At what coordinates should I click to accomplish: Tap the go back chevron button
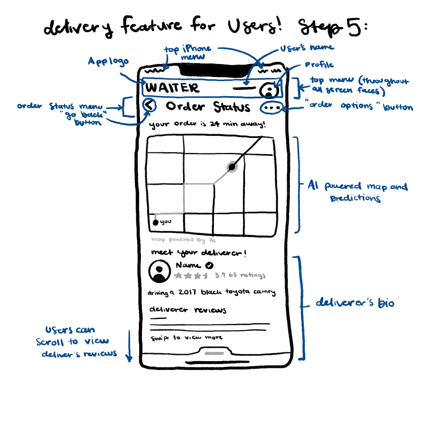click(149, 106)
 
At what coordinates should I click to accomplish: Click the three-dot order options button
click(271, 108)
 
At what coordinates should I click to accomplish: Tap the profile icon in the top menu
click(269, 90)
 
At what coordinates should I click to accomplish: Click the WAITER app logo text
click(173, 88)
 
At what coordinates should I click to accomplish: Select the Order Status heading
click(208, 107)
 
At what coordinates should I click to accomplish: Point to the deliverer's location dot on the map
click(232, 167)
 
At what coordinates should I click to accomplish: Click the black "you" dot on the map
click(155, 223)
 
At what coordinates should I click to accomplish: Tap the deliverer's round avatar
click(159, 271)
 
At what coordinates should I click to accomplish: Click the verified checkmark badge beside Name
click(210, 265)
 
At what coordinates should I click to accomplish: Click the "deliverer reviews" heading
click(188, 310)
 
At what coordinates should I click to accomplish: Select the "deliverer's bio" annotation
click(354, 303)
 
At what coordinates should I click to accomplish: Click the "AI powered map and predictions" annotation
click(357, 192)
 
